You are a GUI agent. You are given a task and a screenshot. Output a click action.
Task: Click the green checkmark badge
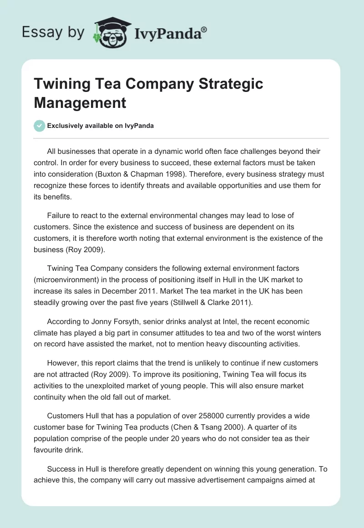[40, 126]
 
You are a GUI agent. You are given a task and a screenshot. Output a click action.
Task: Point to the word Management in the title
[80, 102]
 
